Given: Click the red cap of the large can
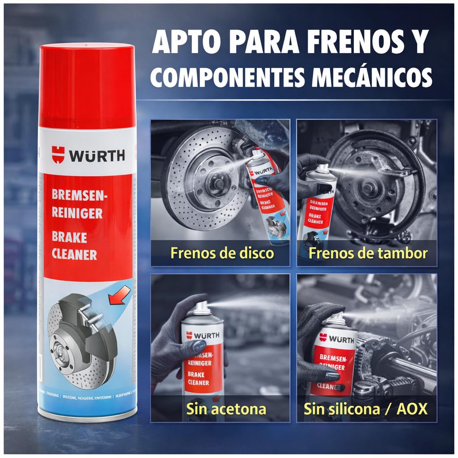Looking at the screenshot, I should coord(87,85).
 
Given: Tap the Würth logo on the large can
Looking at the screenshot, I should coord(88,155).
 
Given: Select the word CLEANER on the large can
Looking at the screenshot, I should coord(74,254).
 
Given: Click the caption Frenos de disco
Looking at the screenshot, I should coord(222,253).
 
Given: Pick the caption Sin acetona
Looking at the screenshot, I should coord(226,408).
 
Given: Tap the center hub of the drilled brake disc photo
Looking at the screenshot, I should coord(219,181).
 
